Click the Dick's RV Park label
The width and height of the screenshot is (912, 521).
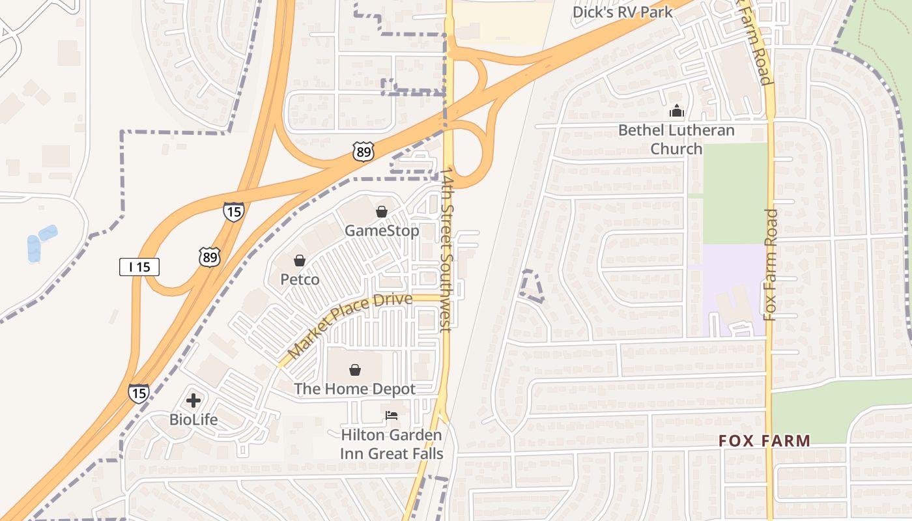pyautogui.click(x=622, y=12)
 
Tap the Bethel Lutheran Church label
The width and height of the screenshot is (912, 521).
pyautogui.click(x=676, y=139)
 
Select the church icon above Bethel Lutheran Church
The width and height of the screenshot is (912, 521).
pyautogui.click(x=676, y=111)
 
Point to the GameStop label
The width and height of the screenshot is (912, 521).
pyautogui.click(x=382, y=231)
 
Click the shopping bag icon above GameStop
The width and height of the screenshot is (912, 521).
pyautogui.click(x=382, y=212)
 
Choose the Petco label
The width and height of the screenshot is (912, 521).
pyautogui.click(x=300, y=279)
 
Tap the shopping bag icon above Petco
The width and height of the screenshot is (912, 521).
pyautogui.click(x=300, y=260)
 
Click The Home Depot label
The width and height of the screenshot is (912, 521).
pyautogui.click(x=354, y=389)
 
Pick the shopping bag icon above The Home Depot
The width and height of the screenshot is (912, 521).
pyautogui.click(x=355, y=370)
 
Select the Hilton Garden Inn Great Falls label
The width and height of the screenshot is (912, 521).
pyautogui.click(x=392, y=444)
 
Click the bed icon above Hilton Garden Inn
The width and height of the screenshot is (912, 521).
pyautogui.click(x=392, y=415)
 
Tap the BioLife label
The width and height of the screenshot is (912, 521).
pyautogui.click(x=193, y=419)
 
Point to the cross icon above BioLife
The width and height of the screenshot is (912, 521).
pyautogui.click(x=193, y=400)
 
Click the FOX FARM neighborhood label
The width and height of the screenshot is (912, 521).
pyautogui.click(x=764, y=441)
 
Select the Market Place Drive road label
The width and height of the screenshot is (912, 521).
pyautogui.click(x=350, y=325)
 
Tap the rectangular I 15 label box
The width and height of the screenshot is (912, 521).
pyautogui.click(x=139, y=266)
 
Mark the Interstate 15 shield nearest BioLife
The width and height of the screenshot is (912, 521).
pyautogui.click(x=138, y=393)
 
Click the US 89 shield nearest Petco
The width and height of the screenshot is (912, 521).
pyautogui.click(x=210, y=257)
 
